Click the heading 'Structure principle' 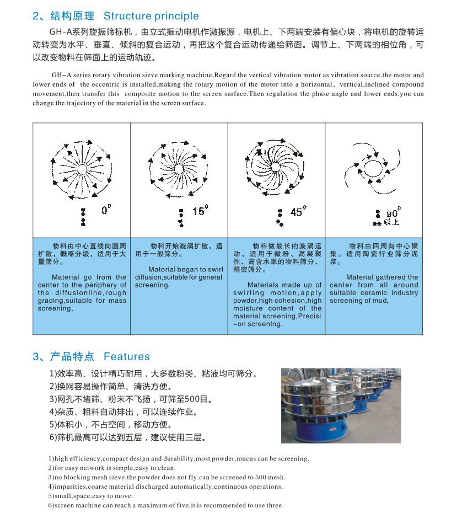point(151,16)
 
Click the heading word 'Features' point(127,356)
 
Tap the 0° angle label point(106,210)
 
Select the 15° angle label point(200,211)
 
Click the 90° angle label point(394,213)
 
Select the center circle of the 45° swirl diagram point(275,167)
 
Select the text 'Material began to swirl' point(178,270)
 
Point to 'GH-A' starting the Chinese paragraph point(60,33)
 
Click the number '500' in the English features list point(261,477)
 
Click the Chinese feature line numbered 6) point(128,438)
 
